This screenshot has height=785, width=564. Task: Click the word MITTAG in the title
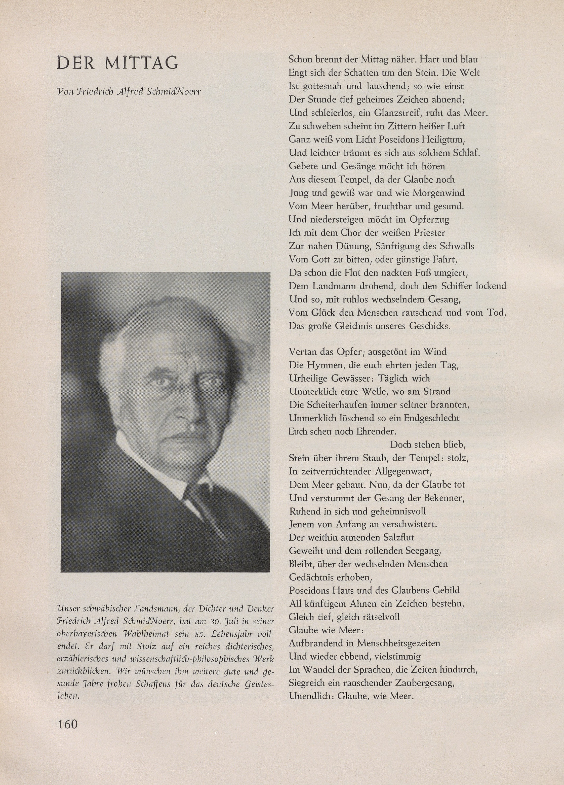[x=142, y=63]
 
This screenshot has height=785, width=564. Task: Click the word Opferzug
[x=429, y=219]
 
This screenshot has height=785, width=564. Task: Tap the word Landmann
[x=334, y=286]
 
